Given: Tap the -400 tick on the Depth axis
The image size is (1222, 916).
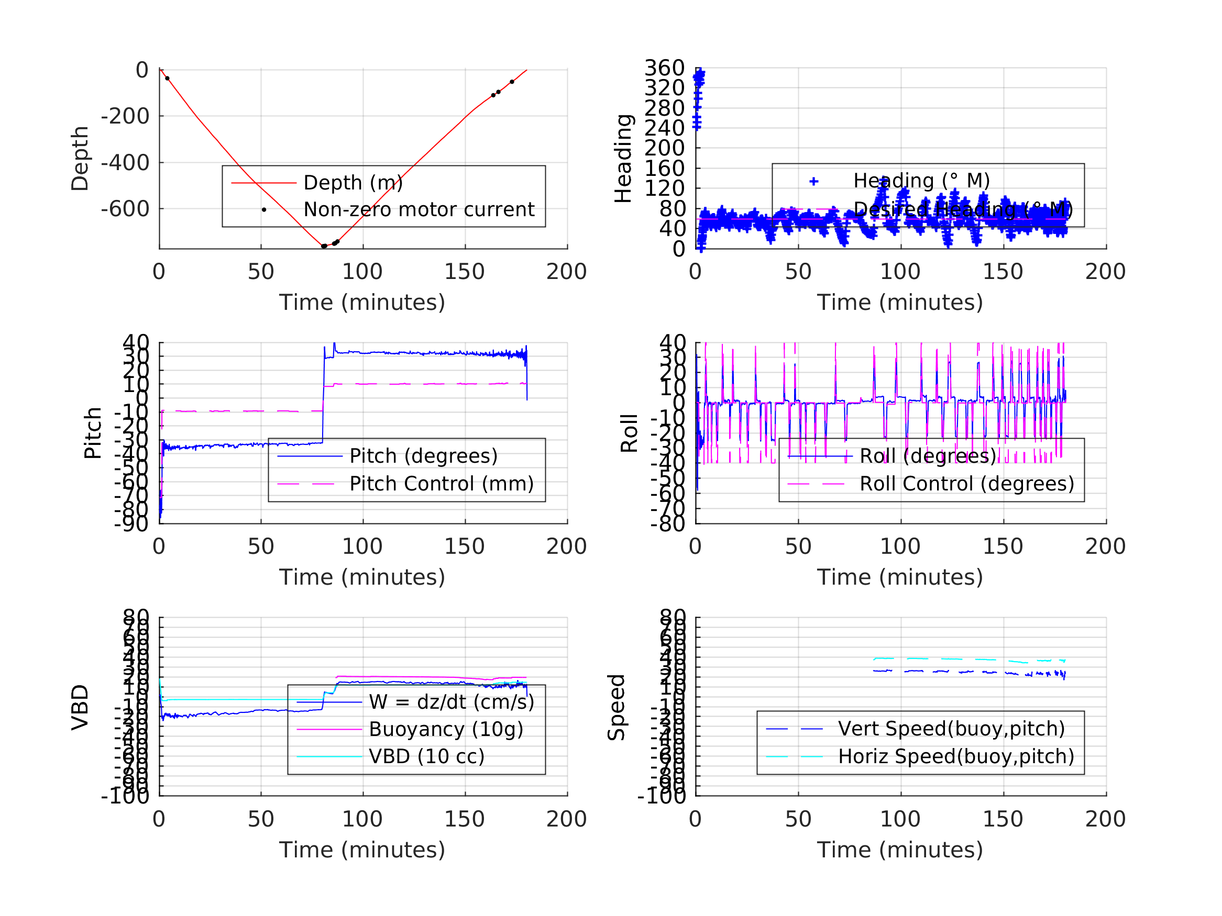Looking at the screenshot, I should click(x=125, y=163).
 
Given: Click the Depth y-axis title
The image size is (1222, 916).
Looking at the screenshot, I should click(x=80, y=159).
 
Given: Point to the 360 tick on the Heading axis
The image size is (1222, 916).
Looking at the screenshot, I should click(x=665, y=69).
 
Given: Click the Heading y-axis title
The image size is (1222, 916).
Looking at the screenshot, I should click(x=623, y=159).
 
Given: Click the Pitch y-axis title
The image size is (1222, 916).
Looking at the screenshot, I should click(x=93, y=433).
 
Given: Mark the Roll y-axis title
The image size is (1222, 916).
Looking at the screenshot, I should click(x=629, y=433).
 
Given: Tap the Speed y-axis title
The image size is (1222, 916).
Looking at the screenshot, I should click(x=616, y=707).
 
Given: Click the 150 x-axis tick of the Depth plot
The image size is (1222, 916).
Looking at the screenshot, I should click(x=465, y=272).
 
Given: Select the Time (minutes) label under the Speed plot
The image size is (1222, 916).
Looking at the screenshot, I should click(x=900, y=850).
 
